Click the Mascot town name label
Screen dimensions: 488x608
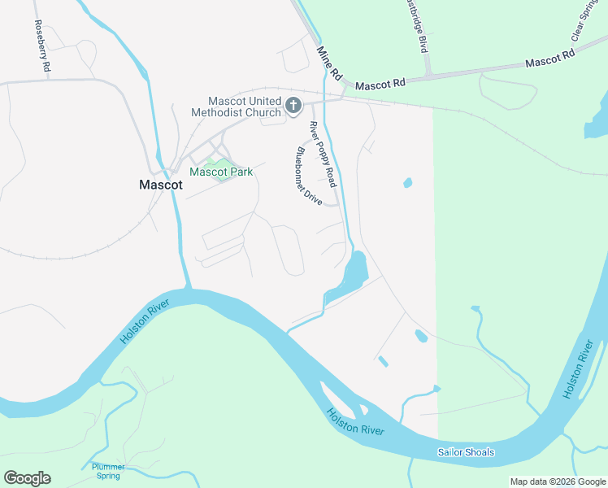click(x=160, y=185)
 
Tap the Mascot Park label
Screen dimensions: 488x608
click(x=221, y=172)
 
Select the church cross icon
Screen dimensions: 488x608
click(x=293, y=106)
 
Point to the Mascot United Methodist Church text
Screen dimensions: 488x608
click(x=236, y=107)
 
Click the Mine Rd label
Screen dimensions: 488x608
click(x=328, y=63)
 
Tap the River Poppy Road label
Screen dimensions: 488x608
click(x=322, y=154)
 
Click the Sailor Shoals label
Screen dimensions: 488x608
click(x=466, y=452)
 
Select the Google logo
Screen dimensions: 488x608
click(x=27, y=478)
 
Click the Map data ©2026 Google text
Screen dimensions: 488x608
click(x=558, y=481)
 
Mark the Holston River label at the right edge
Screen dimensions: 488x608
click(x=578, y=371)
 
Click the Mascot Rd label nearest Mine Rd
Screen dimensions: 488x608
click(x=379, y=84)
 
